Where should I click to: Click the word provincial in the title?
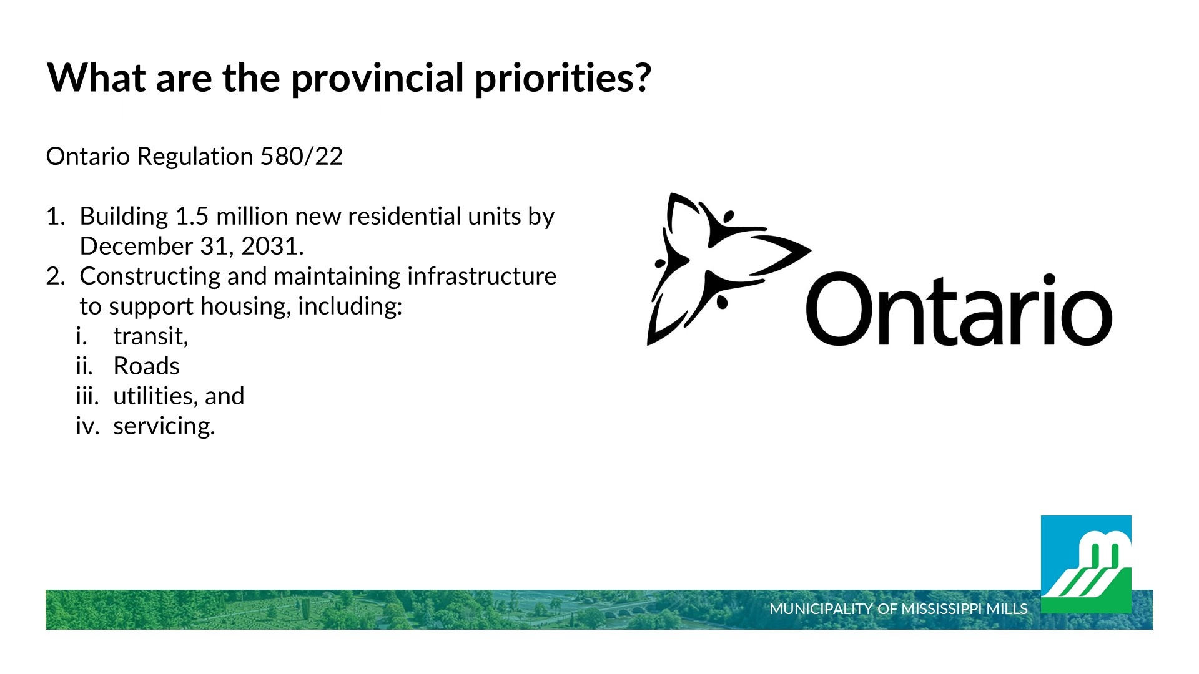pyautogui.click(x=377, y=79)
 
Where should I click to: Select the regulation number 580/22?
pyautogui.click(x=302, y=156)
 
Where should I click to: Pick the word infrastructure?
pyautogui.click(x=481, y=276)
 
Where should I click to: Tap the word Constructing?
pyautogui.click(x=150, y=276)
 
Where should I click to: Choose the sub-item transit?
pyautogui.click(x=150, y=336)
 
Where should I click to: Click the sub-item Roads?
pyautogui.click(x=146, y=366)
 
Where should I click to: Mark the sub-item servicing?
pyautogui.click(x=164, y=426)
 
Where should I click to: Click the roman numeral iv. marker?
pyautogui.click(x=87, y=426)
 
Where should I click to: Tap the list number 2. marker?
pyautogui.click(x=56, y=276)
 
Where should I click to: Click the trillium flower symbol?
pyautogui.click(x=728, y=268)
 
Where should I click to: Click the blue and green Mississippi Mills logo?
pyautogui.click(x=1086, y=564)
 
